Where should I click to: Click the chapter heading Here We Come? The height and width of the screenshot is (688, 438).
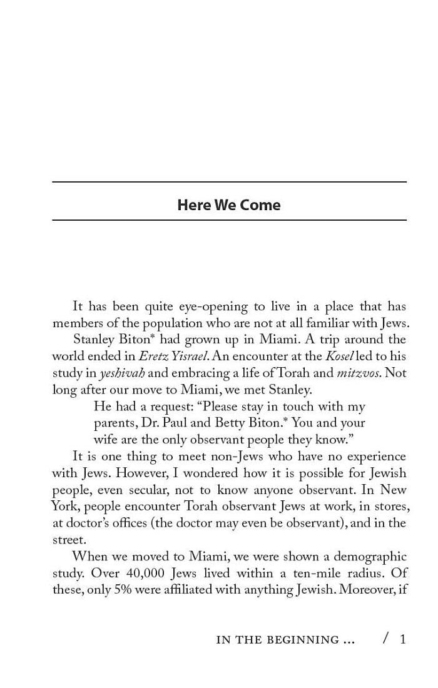pos(228,205)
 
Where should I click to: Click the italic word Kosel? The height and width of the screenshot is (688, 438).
pos(339,357)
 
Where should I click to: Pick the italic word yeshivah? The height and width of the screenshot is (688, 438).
pos(122,373)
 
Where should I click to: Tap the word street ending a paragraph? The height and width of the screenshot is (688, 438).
pos(69,539)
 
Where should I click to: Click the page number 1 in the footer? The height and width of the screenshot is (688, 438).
pos(403,639)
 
